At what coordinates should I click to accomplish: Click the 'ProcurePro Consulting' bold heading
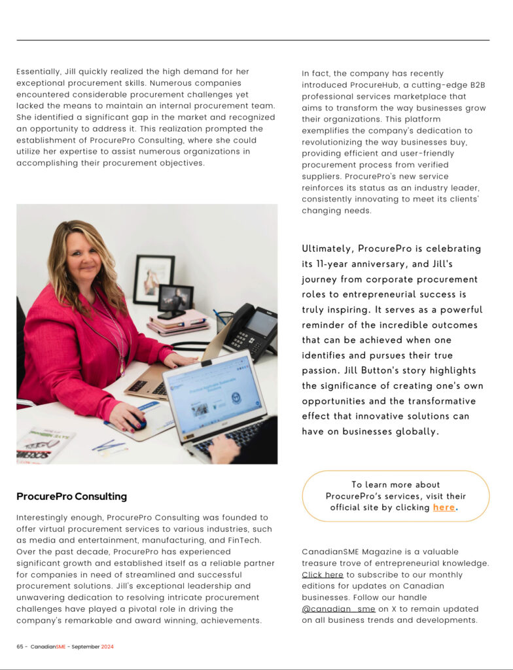click(71, 497)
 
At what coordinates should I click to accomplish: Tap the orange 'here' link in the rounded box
click(444, 507)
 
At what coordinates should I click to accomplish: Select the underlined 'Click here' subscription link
click(323, 574)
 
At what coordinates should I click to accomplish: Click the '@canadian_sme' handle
click(338, 608)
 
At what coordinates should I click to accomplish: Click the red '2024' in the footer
click(107, 646)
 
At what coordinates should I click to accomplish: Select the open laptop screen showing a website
click(214, 396)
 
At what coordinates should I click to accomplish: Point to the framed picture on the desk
click(154, 279)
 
